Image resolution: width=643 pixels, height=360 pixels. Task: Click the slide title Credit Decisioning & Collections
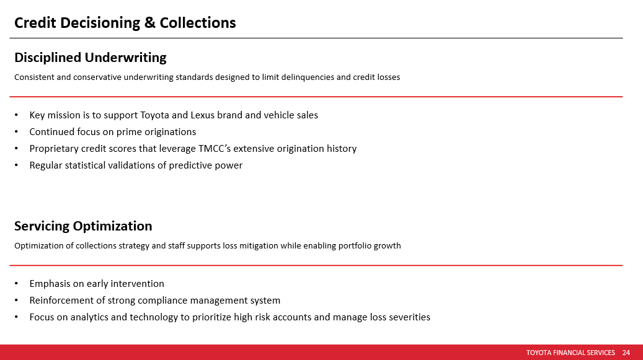click(125, 23)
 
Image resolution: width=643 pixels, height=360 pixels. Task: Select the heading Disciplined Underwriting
click(90, 58)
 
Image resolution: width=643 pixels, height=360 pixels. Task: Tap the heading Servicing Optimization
click(83, 226)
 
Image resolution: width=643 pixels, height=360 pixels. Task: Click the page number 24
click(626, 353)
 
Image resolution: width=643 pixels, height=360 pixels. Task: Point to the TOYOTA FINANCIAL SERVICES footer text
click(570, 353)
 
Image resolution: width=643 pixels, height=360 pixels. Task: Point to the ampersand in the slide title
click(150, 23)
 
